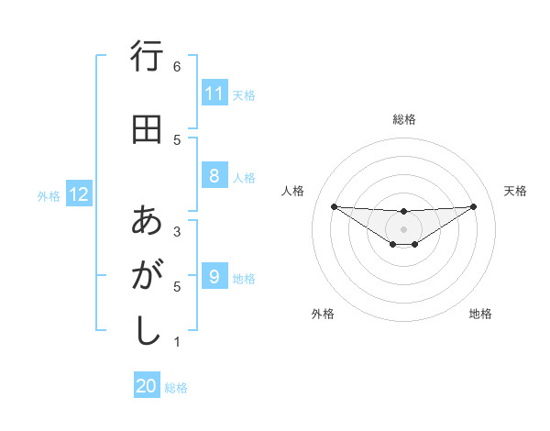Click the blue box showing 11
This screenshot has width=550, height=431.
pos(214,94)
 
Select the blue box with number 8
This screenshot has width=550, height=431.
pos(214,176)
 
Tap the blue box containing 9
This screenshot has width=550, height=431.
pos(214,277)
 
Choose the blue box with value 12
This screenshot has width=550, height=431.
pos(79,194)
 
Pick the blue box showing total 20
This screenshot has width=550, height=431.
pos(147,387)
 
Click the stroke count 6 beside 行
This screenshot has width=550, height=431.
pos(176,67)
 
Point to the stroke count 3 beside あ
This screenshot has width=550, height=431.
pos(176,231)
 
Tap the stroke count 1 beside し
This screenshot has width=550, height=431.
pos(176,343)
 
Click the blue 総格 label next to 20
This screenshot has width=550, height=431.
pos(176,388)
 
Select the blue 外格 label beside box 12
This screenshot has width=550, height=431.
pos(49,195)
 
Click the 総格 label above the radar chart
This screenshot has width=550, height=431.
pos(404,119)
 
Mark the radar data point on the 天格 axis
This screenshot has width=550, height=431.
pos(474,206)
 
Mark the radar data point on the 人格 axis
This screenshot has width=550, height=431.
pos(334,206)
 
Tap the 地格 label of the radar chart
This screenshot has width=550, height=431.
pos(480,314)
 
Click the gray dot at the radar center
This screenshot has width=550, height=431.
pos(403,228)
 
